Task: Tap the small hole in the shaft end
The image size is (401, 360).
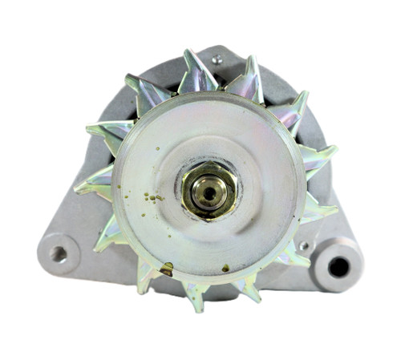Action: pos(209,192)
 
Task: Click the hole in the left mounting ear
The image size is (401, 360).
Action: pos(58,254)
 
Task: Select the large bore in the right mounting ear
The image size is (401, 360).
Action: pos(338,265)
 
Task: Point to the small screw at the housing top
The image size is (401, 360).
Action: pos(217,59)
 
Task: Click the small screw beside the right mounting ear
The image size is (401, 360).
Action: pos(303,245)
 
